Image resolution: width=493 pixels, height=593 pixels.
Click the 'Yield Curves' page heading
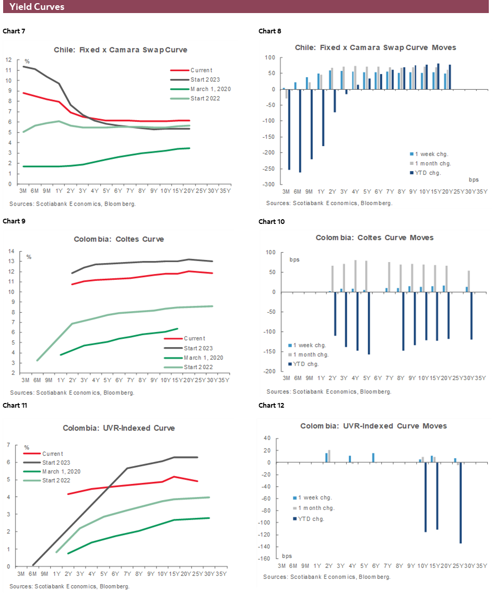[x=37, y=7]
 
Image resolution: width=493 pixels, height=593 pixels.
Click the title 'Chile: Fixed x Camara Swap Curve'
[x=121, y=50]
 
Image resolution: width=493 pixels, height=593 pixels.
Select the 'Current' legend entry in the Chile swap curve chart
[x=201, y=70]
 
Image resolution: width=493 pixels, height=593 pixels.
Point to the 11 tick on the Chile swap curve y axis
[x=8, y=70]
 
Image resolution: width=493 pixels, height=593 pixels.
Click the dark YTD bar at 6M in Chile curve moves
[x=300, y=131]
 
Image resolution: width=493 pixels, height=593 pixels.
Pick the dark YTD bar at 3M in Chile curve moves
[x=289, y=129]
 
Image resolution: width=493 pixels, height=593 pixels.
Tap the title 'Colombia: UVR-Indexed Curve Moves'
[x=373, y=426]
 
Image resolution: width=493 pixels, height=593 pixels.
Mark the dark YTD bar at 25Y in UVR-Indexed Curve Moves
[x=461, y=503]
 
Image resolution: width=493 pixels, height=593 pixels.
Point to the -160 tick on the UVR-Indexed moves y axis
[x=267, y=559]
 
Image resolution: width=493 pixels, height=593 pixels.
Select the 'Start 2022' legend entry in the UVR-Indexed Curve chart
[x=56, y=480]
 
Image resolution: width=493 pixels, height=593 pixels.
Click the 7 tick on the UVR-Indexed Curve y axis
[x=8, y=445]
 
